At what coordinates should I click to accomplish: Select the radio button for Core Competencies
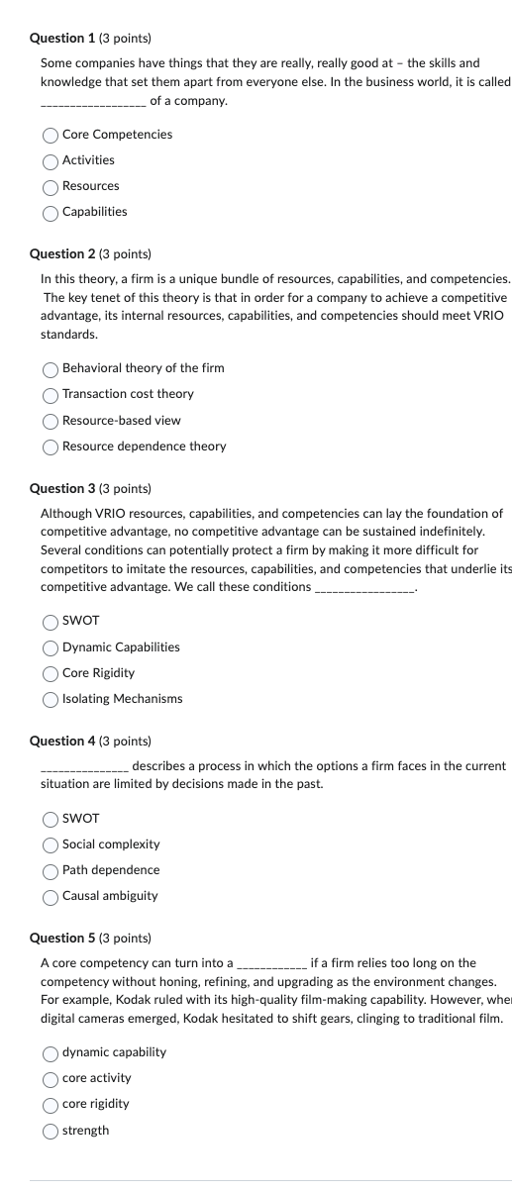pyautogui.click(x=51, y=135)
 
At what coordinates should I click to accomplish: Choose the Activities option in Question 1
pyautogui.click(x=51, y=160)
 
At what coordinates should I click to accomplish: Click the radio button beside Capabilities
pyautogui.click(x=51, y=212)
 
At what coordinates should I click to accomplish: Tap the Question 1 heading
pyautogui.click(x=90, y=38)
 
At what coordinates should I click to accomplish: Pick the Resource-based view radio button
pyautogui.click(x=51, y=421)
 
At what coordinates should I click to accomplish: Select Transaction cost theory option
pyautogui.click(x=51, y=394)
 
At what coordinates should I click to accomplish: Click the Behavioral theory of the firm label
pyautogui.click(x=143, y=368)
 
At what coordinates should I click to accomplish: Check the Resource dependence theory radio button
pyautogui.click(x=51, y=447)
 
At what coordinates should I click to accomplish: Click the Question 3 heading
pyautogui.click(x=90, y=488)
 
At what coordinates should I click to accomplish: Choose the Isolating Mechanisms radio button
pyautogui.click(x=51, y=699)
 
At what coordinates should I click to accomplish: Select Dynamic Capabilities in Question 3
pyautogui.click(x=51, y=647)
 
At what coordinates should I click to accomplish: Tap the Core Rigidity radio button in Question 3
pyautogui.click(x=51, y=673)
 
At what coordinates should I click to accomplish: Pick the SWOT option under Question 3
pyautogui.click(x=51, y=622)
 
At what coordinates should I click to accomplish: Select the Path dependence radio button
pyautogui.click(x=51, y=870)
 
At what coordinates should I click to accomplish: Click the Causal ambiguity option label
pyautogui.click(x=110, y=896)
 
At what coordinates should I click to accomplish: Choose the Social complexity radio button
pyautogui.click(x=51, y=844)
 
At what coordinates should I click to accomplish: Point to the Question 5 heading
pyautogui.click(x=90, y=938)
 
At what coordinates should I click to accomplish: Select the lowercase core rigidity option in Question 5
pyautogui.click(x=51, y=1104)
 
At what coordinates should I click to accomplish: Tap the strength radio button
pyautogui.click(x=51, y=1131)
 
